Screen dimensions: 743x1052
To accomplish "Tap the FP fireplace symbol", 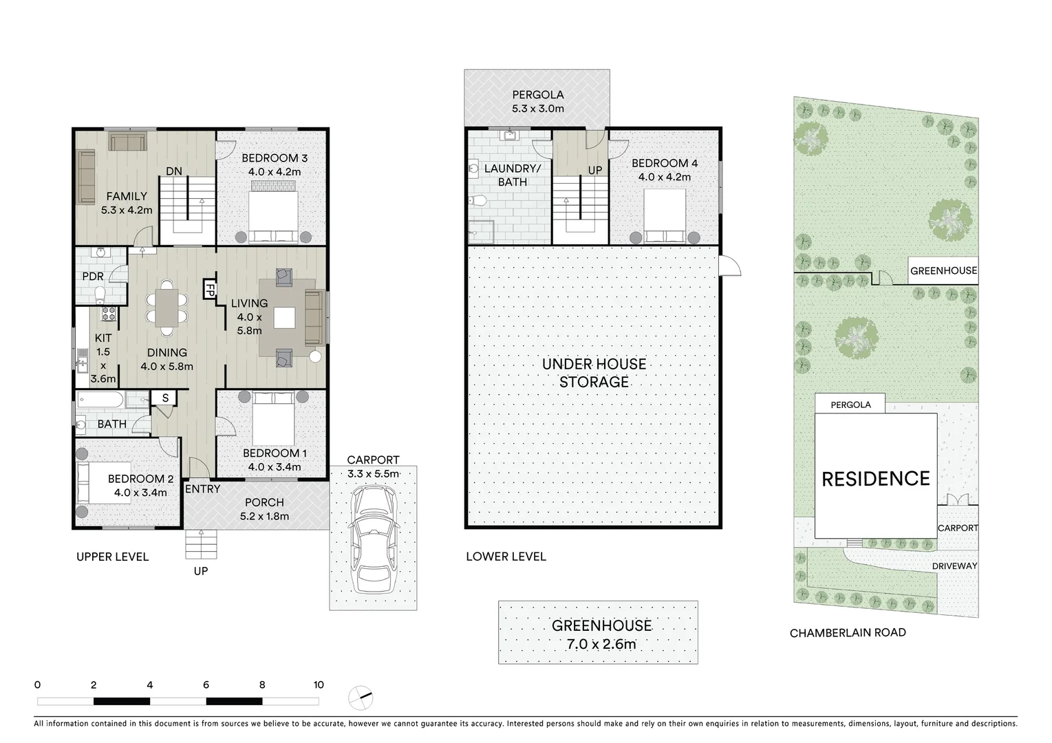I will pos(208,289).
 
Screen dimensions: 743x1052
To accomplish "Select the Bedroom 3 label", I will pos(274,159).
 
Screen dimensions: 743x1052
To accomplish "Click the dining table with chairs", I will pos(166,308).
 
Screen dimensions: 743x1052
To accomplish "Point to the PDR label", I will pos(93,277).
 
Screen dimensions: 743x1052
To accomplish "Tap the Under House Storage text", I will pos(594,373).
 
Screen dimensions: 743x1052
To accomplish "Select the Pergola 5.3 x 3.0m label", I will pos(537,102).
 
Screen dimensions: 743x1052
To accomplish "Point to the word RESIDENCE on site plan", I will pos(875,479).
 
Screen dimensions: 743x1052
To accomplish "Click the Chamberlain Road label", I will pos(847,633).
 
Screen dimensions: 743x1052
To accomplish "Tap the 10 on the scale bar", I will pos(318,685).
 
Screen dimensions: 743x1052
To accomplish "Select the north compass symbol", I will pos(361,698).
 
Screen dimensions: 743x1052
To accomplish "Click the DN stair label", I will pos(174,171).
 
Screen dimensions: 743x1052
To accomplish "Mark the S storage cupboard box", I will pos(165,398).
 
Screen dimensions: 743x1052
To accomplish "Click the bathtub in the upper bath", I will pos(100,399).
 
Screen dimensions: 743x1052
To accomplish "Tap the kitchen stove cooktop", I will pos(109,314).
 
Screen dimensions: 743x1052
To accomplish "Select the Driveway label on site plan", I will pos(954,566).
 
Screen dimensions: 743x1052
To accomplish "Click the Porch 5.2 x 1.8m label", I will pos(264,509).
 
